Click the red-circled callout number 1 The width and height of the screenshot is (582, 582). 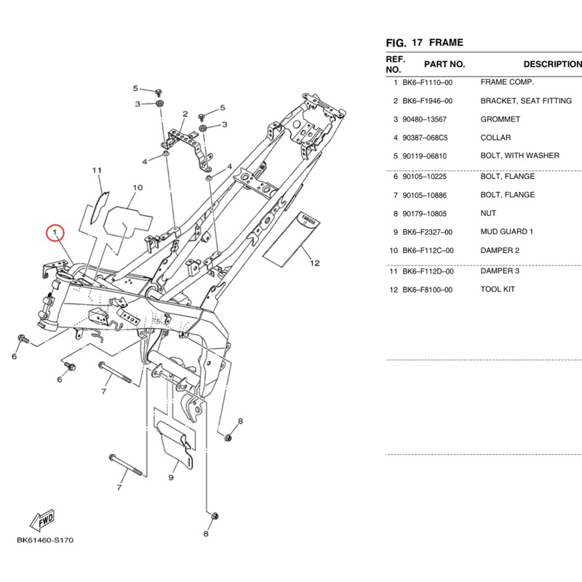click(55, 233)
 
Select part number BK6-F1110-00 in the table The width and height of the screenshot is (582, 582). click(428, 82)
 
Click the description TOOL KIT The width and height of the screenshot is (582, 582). click(498, 289)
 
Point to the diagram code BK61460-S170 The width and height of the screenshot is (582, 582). click(45, 540)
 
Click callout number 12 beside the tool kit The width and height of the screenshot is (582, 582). click(315, 263)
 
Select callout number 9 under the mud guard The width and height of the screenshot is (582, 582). click(171, 477)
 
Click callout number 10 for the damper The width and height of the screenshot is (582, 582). click(137, 188)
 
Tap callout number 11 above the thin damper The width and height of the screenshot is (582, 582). click(97, 170)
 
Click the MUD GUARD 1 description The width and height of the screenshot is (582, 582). click(506, 231)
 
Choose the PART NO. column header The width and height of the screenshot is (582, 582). click(445, 64)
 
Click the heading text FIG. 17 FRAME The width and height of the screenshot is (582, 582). click(424, 43)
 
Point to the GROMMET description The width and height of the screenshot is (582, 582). click(500, 119)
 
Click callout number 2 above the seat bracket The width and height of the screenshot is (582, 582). click(186, 114)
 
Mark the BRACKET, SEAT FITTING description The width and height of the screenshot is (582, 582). click(526, 101)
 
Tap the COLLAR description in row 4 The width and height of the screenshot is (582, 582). click(495, 137)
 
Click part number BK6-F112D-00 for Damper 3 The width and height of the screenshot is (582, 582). click(428, 271)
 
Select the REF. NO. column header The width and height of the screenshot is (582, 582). click(395, 64)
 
